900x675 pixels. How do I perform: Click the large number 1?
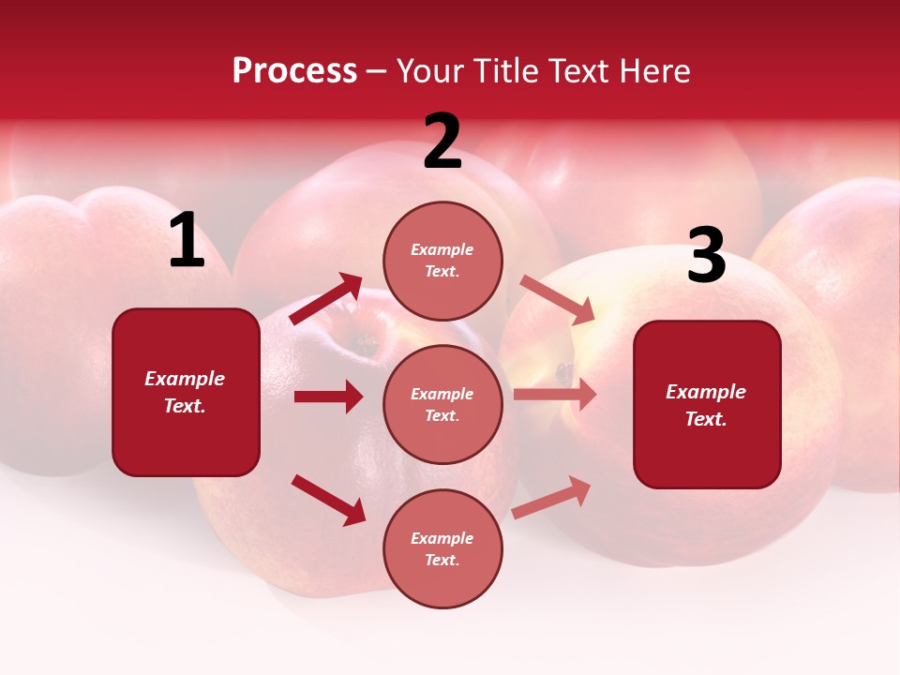pos(187,241)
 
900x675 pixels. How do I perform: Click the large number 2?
pos(442,142)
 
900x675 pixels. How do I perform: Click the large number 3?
pos(706,256)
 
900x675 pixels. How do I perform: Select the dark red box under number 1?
pos(186,392)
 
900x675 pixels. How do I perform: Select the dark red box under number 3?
pos(707,405)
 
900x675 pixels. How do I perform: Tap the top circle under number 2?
pos(442,261)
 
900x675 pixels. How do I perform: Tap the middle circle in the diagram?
pos(442,404)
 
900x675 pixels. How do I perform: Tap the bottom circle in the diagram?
pos(442,548)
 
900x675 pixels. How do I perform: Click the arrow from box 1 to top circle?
pos(326,298)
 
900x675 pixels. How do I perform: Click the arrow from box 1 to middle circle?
pos(328,397)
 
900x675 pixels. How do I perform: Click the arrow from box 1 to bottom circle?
pos(328,500)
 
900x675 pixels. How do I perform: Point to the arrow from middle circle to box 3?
pos(555,395)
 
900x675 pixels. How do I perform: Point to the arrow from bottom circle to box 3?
pos(552,497)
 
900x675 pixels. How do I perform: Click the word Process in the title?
pos(294,71)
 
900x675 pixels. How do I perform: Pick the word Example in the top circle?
pos(442,249)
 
